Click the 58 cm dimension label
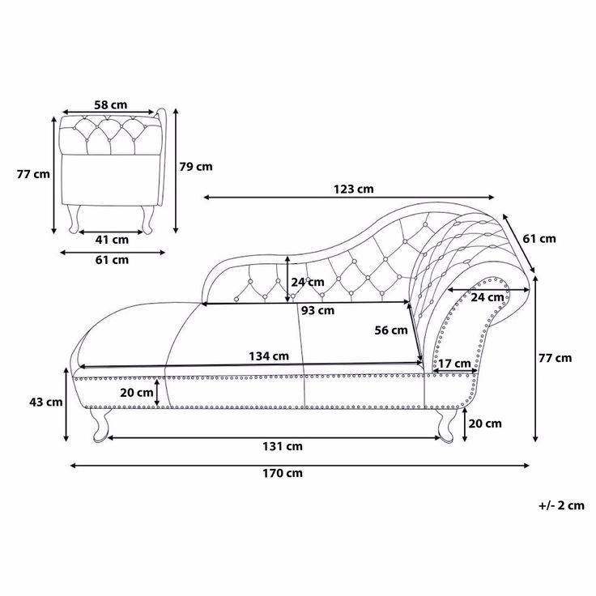[x=111, y=104]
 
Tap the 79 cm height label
[x=196, y=167]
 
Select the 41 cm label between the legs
[x=112, y=240]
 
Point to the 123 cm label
[x=354, y=189]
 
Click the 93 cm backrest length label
[x=317, y=310]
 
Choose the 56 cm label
[x=391, y=330]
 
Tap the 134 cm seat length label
[x=269, y=356]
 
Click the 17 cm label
[x=454, y=364]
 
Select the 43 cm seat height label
[x=46, y=402]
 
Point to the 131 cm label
[x=283, y=446]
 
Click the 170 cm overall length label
[x=283, y=473]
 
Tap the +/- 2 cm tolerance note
[x=561, y=505]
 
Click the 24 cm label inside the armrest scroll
[x=487, y=297]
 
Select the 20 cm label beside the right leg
[x=485, y=424]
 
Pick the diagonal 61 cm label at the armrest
[x=539, y=239]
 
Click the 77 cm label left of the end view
[x=33, y=174]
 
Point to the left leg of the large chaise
[x=100, y=425]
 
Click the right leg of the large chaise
[x=446, y=425]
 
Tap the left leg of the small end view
[x=74, y=219]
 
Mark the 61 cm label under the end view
[x=112, y=260]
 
